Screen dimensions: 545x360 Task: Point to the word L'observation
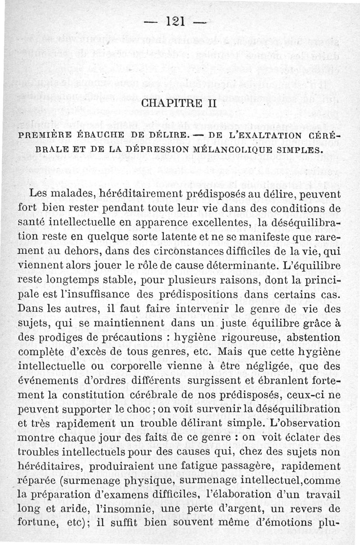tap(302, 423)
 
